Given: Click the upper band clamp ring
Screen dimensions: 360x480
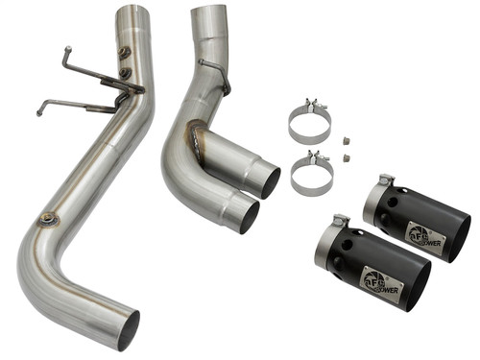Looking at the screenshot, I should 309,123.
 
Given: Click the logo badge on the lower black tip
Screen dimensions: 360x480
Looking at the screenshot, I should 376,280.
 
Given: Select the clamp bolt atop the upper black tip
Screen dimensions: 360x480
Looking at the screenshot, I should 385,180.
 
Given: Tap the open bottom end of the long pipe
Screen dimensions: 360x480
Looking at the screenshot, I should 128,329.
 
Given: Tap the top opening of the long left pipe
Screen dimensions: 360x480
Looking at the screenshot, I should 133,12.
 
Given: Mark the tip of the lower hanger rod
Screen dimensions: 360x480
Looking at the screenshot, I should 39,112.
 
